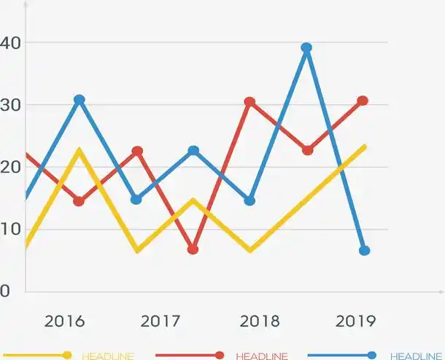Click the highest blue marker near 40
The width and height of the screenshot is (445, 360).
[306, 48]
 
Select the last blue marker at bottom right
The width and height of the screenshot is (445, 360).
[364, 251]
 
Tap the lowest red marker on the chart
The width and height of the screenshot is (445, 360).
[193, 249]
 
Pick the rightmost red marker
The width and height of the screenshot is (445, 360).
[363, 101]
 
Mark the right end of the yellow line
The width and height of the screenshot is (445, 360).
[364, 146]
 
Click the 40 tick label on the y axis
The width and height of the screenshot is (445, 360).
[10, 42]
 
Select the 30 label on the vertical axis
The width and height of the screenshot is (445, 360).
[10, 105]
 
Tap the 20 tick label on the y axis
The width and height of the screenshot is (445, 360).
[10, 167]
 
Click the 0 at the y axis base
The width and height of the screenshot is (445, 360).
[5, 291]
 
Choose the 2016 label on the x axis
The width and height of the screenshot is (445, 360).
[64, 321]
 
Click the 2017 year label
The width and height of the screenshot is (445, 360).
[160, 321]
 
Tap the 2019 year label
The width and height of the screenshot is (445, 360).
[355, 321]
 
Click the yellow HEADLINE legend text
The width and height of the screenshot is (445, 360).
[108, 356]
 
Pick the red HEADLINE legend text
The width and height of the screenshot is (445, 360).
[262, 356]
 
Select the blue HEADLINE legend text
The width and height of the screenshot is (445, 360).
[416, 356]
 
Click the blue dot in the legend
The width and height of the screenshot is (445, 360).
[372, 355]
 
